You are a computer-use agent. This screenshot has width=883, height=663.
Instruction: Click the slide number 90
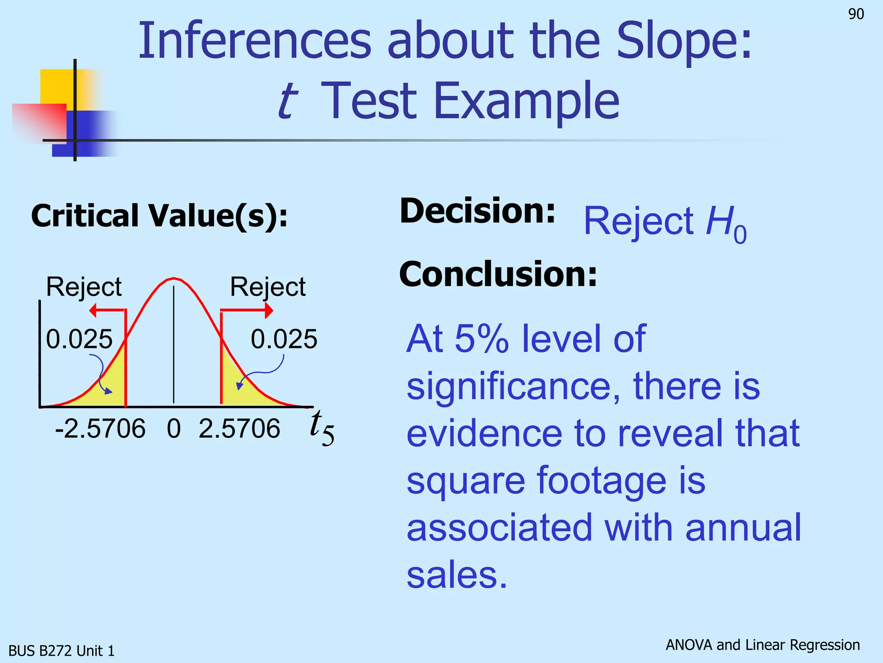pyautogui.click(x=856, y=14)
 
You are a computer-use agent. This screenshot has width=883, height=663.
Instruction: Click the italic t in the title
pyautogui.click(x=288, y=101)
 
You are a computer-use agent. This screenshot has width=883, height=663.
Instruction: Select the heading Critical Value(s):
pyautogui.click(x=159, y=216)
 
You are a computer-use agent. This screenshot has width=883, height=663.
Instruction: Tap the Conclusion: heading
pyautogui.click(x=498, y=274)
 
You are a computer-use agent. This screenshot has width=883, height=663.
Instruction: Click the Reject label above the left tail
pyautogui.click(x=84, y=287)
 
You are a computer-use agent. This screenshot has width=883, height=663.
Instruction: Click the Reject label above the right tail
pyautogui.click(x=268, y=287)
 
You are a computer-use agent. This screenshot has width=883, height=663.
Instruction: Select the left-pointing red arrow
pyautogui.click(x=106, y=310)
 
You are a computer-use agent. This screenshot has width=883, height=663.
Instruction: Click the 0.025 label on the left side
pyautogui.click(x=79, y=339)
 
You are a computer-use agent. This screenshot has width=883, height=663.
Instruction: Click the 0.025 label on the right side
pyautogui.click(x=284, y=339)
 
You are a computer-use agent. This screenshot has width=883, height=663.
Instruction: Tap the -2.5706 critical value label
pyautogui.click(x=100, y=429)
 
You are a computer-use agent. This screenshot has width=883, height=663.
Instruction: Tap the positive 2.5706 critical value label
pyautogui.click(x=239, y=429)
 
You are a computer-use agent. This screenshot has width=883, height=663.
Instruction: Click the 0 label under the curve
pyautogui.click(x=174, y=429)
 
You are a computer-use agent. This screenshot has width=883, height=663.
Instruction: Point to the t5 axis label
pyautogui.click(x=321, y=427)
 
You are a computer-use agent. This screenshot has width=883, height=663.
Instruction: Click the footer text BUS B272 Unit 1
pyautogui.click(x=62, y=650)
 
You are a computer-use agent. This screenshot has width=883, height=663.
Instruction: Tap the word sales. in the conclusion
pyautogui.click(x=457, y=575)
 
